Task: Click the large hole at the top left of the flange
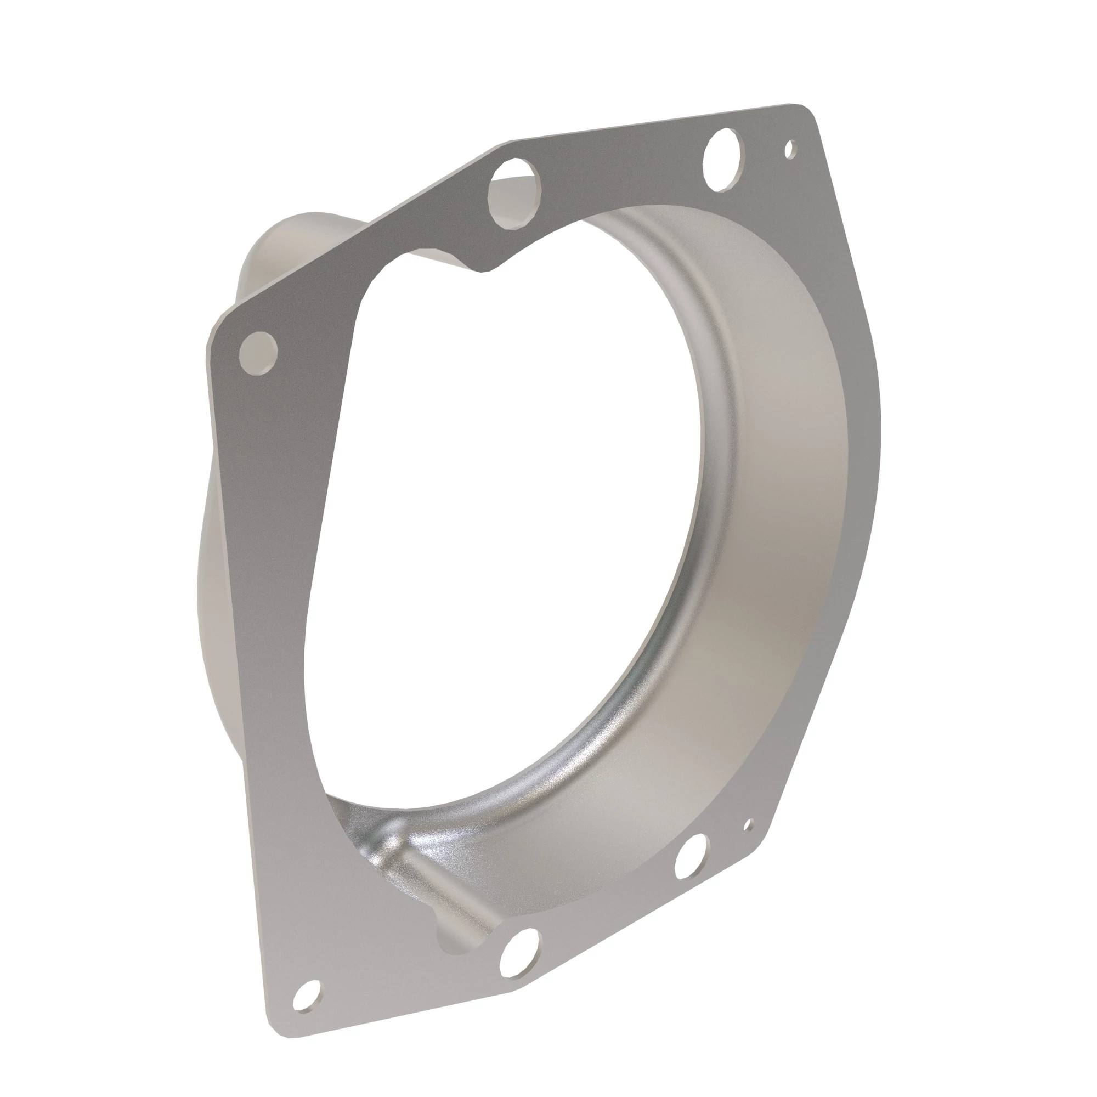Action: pos(512,193)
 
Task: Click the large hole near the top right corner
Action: pos(722,159)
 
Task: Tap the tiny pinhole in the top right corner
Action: pos(789,149)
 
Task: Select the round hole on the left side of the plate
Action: pos(258,353)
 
